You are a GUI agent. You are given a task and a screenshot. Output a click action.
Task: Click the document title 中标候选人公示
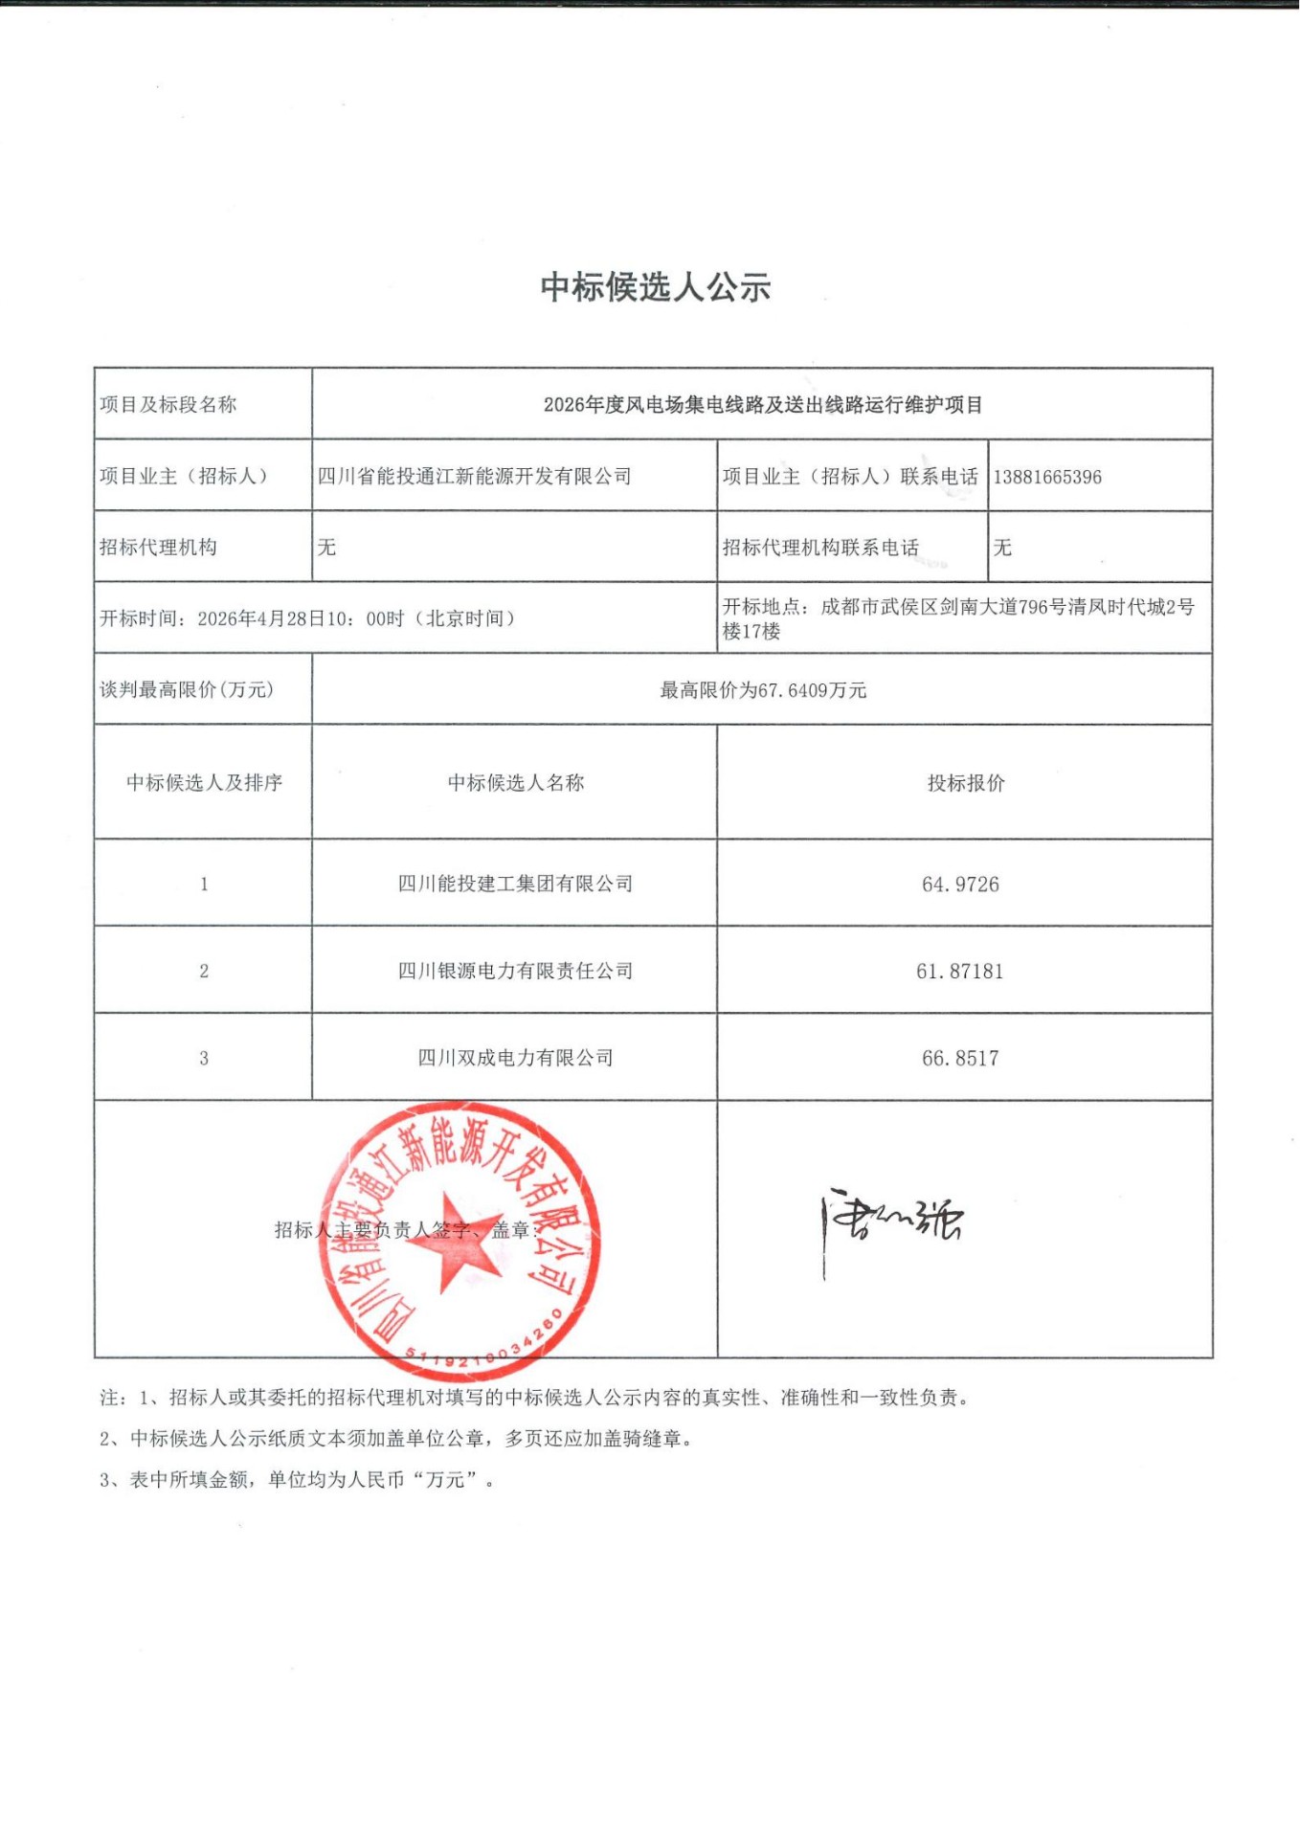[x=656, y=287]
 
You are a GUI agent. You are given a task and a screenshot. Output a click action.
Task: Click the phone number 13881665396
[x=1047, y=477]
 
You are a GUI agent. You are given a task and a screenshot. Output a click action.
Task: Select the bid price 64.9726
[x=960, y=885]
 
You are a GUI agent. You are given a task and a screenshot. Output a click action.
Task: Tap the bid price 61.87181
[x=960, y=972]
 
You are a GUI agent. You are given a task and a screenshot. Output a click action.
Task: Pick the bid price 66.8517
[x=960, y=1059]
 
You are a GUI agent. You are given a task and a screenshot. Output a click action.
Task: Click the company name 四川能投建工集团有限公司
[x=515, y=884]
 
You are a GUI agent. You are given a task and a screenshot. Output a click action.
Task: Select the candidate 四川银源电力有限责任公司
[x=515, y=971]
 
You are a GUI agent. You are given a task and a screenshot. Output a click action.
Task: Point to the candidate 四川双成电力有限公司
[x=515, y=1058]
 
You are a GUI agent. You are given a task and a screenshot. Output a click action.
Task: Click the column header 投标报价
[x=966, y=783]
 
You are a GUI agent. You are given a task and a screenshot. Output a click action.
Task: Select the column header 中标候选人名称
[x=515, y=783]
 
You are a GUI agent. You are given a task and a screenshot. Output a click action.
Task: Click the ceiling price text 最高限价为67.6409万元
[x=763, y=690]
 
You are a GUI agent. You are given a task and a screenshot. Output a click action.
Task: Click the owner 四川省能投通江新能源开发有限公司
[x=474, y=477]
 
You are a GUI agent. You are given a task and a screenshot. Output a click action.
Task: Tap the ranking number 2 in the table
[x=204, y=972]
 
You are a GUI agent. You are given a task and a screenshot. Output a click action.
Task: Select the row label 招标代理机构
[x=158, y=548]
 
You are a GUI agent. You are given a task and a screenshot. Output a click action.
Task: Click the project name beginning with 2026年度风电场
[x=763, y=405]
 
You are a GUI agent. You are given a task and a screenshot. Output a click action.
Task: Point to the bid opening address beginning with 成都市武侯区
[x=1005, y=608]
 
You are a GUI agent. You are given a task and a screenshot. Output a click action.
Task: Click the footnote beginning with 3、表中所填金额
[x=297, y=1480]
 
